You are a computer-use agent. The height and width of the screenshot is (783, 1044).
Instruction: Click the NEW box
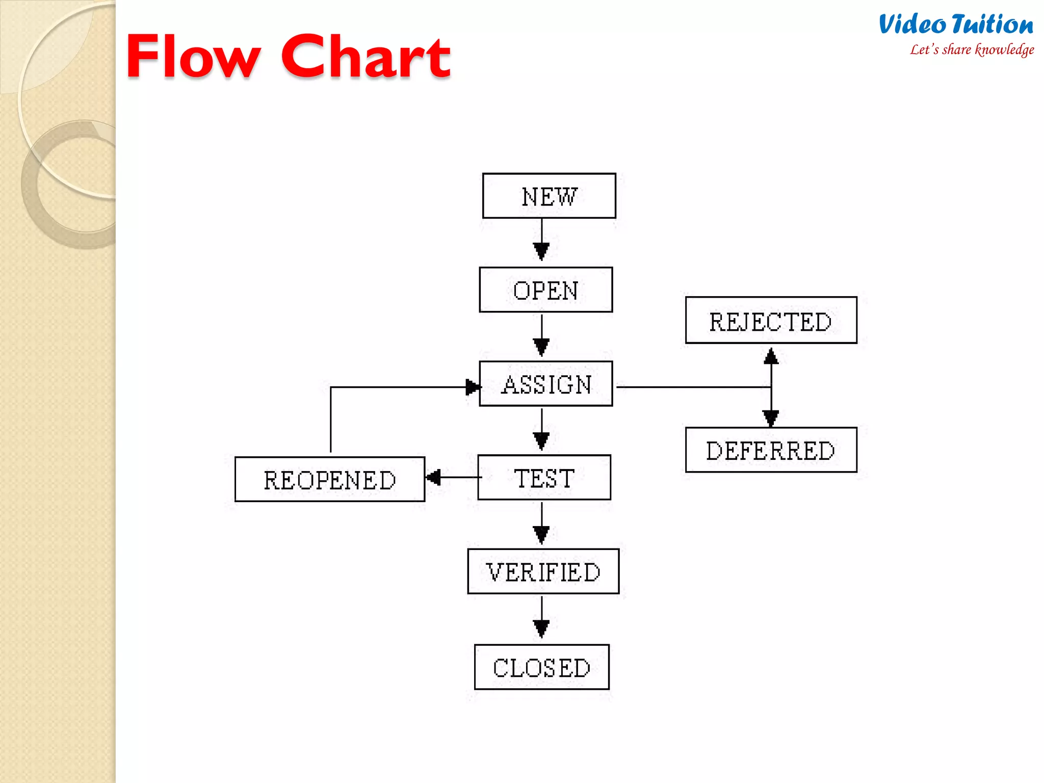(x=549, y=196)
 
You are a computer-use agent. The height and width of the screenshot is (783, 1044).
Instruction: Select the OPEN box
(x=545, y=290)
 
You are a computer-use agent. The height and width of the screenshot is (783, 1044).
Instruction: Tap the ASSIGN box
(x=545, y=383)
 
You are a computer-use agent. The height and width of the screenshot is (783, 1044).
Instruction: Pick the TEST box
(x=544, y=477)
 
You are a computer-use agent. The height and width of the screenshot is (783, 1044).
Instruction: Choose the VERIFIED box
(x=543, y=571)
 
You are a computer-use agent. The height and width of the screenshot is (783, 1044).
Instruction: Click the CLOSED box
(x=541, y=667)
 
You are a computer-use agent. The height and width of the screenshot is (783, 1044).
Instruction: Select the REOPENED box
(x=329, y=479)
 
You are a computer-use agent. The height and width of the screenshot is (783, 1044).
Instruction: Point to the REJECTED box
(x=771, y=320)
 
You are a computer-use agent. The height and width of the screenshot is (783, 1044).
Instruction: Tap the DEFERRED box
(x=771, y=450)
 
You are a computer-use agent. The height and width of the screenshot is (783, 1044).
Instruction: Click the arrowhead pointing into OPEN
(x=541, y=251)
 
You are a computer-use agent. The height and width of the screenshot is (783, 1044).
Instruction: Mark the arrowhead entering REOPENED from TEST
(x=434, y=478)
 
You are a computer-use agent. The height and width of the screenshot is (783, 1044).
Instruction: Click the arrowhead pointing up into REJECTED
(x=771, y=356)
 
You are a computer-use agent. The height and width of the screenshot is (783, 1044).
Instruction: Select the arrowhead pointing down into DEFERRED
(x=771, y=417)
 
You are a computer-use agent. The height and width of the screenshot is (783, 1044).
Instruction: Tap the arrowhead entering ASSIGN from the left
(x=473, y=387)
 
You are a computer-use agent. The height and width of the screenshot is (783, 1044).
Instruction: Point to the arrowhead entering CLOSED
(x=541, y=628)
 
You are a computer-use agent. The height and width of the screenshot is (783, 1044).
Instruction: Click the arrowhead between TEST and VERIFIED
(x=541, y=534)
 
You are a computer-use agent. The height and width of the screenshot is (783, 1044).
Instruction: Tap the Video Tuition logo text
(x=956, y=24)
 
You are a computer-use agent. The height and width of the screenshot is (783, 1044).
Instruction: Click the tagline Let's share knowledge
(x=972, y=50)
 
